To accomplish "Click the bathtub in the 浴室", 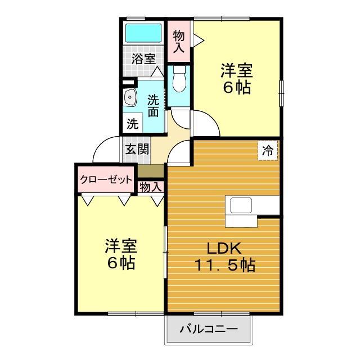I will click(143, 33).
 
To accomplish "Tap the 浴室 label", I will click(143, 58).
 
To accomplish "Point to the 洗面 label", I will click(153, 105).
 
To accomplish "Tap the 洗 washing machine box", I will click(133, 124).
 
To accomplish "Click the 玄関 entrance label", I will click(137, 150).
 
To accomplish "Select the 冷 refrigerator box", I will click(268, 151).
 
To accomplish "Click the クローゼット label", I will click(106, 180).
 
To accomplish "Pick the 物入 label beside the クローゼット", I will click(150, 186).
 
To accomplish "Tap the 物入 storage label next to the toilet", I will click(179, 41).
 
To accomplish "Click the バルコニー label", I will click(208, 330).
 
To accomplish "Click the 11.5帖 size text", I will click(224, 264).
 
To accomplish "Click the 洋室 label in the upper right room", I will click(236, 71).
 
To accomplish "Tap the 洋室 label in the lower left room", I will click(120, 246).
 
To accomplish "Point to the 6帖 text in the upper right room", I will click(236, 88).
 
